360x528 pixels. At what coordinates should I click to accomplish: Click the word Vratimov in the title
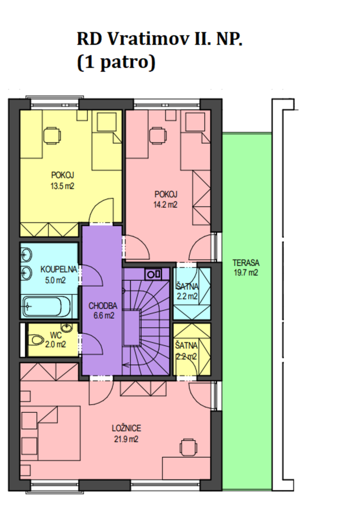pyautogui.click(x=149, y=39)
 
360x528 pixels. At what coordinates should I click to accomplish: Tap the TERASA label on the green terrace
pyautogui.click(x=246, y=263)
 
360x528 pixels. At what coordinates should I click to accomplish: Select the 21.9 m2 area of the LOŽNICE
pyautogui.click(x=126, y=439)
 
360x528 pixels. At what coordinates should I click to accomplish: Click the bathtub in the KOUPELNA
pyautogui.click(x=47, y=306)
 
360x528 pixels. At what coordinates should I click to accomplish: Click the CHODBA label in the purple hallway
pyautogui.click(x=103, y=306)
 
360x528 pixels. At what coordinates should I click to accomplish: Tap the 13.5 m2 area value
pyautogui.click(x=62, y=186)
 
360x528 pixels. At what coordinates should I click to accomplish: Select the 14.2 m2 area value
pyautogui.click(x=165, y=204)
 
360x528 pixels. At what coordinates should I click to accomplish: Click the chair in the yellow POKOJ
pyautogui.click(x=52, y=136)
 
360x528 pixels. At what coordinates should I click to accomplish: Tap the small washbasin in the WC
pyautogui.click(x=67, y=327)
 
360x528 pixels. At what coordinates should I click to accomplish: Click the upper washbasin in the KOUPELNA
pyautogui.click(x=26, y=255)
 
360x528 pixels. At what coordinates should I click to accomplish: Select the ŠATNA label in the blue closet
pyautogui.click(x=187, y=286)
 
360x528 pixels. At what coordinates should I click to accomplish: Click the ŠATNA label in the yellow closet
pyautogui.click(x=186, y=345)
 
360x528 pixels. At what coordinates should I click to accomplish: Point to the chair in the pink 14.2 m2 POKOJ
pyautogui.click(x=158, y=136)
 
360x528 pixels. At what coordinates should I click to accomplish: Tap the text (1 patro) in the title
pyautogui.click(x=116, y=62)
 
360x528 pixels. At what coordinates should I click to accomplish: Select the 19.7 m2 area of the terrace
pyautogui.click(x=246, y=272)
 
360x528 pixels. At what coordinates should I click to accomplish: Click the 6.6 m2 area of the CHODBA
pyautogui.click(x=104, y=315)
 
